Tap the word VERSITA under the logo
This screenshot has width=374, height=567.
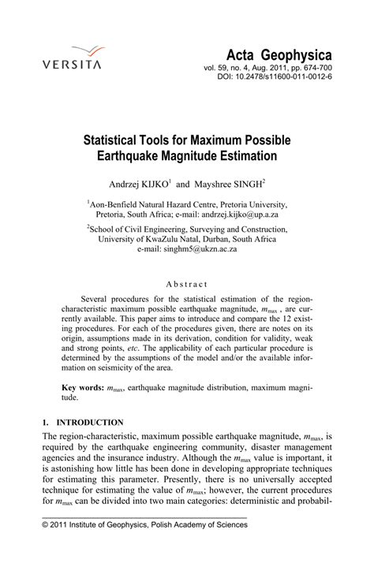pyautogui.click(x=72, y=65)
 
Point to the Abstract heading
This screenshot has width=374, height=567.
pyautogui.click(x=186, y=283)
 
